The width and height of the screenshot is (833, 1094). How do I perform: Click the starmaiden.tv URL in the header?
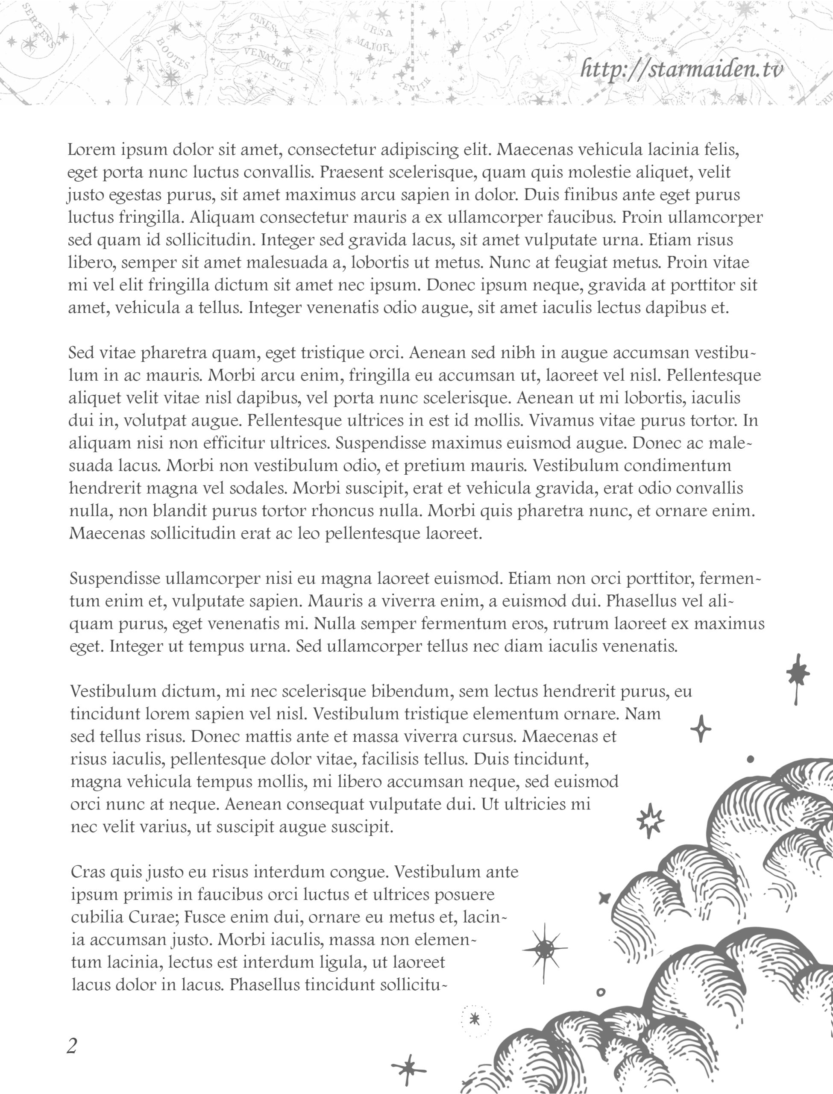pos(682,69)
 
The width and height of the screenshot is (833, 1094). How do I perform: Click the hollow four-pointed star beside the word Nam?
pos(701,728)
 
